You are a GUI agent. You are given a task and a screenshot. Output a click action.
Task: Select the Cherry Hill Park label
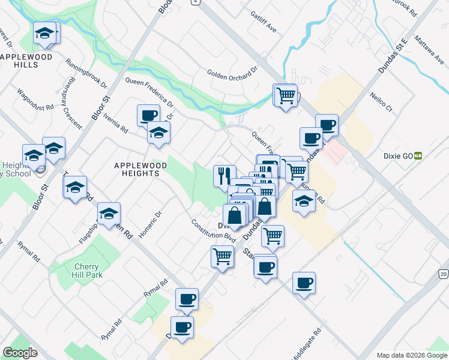(88, 271)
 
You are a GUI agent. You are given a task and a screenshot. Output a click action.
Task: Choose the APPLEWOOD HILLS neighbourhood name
(27, 61)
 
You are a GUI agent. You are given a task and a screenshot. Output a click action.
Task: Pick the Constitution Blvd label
(213, 230)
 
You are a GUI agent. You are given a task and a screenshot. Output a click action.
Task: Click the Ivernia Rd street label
(116, 122)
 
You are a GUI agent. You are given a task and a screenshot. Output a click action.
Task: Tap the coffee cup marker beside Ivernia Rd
(148, 115)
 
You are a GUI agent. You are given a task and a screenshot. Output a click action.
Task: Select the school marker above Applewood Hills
(44, 34)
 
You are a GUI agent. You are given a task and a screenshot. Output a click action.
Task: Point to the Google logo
(20, 353)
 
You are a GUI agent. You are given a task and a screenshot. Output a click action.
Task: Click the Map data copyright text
(411, 355)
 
